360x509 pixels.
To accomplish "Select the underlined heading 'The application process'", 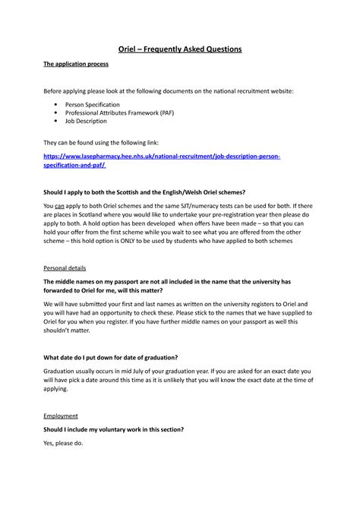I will point(71,66).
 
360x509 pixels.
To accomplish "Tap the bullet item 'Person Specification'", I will point(96,103).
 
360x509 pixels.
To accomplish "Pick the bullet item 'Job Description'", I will point(86,121).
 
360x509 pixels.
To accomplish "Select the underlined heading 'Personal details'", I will point(63,268).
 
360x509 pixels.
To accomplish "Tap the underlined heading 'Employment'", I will point(60,416).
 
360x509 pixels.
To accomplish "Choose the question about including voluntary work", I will point(123,429).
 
